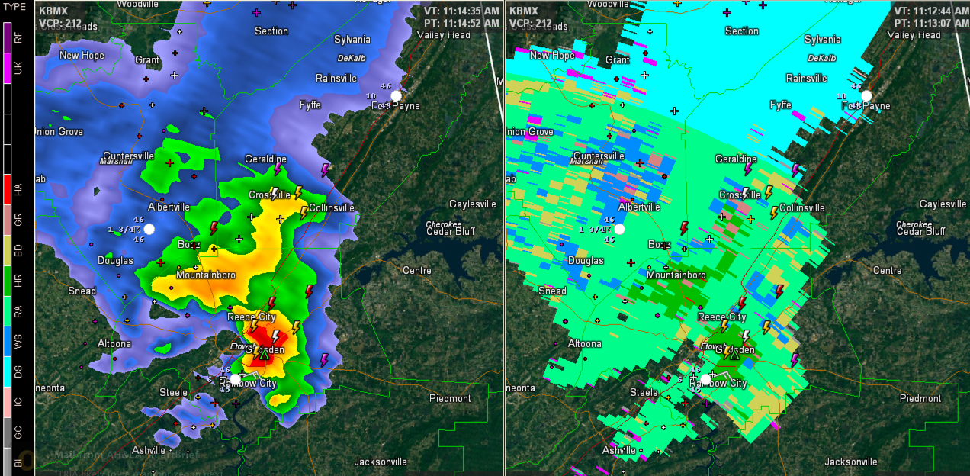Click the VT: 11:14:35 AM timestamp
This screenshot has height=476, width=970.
click(461, 11)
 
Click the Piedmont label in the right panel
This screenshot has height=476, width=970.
click(920, 398)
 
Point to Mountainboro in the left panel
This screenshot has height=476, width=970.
click(206, 275)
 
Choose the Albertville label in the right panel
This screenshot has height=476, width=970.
click(639, 207)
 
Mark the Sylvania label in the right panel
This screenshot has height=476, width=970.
click(822, 39)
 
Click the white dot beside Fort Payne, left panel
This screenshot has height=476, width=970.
click(397, 95)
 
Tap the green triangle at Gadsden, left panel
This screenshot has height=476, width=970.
click(264, 355)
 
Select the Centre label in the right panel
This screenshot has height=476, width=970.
click(887, 270)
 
